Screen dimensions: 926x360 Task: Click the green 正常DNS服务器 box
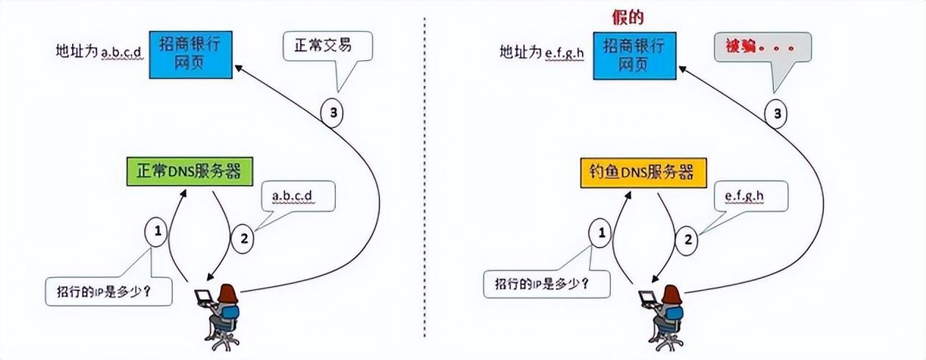[190, 171]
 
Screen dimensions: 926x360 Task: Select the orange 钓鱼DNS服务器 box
[644, 173]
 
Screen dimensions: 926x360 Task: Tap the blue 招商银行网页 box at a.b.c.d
[190, 54]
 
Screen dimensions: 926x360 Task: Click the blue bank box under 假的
[635, 56]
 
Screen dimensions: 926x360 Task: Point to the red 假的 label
[628, 18]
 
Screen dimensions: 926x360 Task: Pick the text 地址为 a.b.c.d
[99, 51]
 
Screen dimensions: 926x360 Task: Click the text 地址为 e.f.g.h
[542, 52]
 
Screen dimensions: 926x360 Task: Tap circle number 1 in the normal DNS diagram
[157, 231]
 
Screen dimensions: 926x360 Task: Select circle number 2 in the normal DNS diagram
[243, 239]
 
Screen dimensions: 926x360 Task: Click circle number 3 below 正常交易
[332, 112]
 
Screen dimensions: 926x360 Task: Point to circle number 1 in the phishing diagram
[600, 233]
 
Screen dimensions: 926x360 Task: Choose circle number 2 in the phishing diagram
[686, 240]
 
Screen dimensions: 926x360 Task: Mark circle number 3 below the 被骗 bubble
[776, 114]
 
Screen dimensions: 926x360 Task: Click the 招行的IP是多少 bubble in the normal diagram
[109, 292]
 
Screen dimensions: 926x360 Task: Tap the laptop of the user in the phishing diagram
[647, 298]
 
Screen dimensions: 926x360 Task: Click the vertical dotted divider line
[425, 178]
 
